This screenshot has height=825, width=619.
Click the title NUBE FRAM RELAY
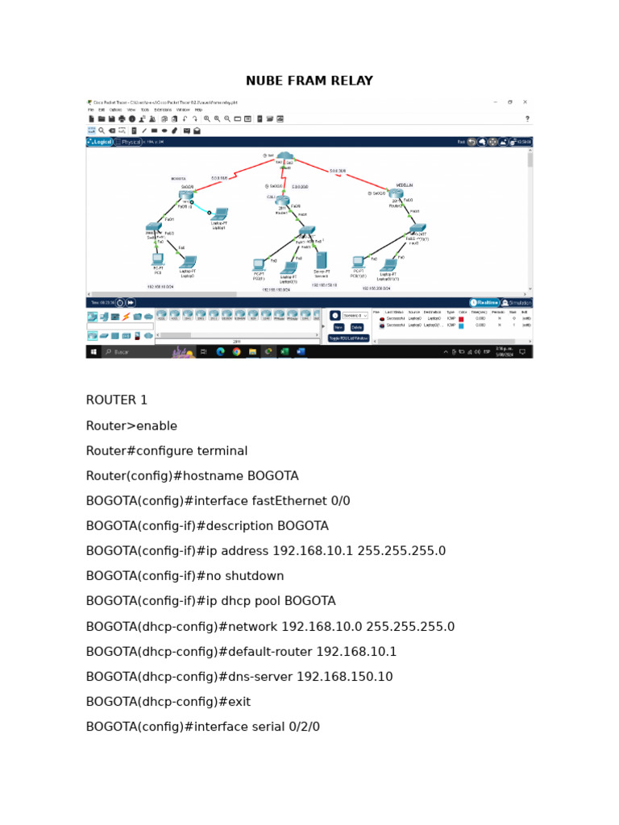[x=309, y=81]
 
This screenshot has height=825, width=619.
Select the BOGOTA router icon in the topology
[x=187, y=194]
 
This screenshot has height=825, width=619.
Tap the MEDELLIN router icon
[x=396, y=194]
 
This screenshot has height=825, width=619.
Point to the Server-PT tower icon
[x=321, y=261]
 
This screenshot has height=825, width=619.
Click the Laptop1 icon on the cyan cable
[x=218, y=215]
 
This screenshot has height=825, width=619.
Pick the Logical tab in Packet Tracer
[x=100, y=142]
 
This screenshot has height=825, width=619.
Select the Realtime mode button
[x=484, y=302]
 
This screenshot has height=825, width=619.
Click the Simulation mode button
[x=517, y=302]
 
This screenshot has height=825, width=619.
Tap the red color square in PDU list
[x=462, y=319]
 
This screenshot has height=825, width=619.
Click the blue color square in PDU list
[x=462, y=325]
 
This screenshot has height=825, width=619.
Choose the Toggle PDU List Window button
[x=348, y=338]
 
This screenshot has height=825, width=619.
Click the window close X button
[x=526, y=102]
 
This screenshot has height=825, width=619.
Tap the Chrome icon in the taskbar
[x=236, y=352]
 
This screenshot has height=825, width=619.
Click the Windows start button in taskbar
[x=93, y=352]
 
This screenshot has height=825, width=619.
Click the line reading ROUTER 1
[x=117, y=400]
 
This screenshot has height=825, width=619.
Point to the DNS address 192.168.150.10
[x=345, y=677]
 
